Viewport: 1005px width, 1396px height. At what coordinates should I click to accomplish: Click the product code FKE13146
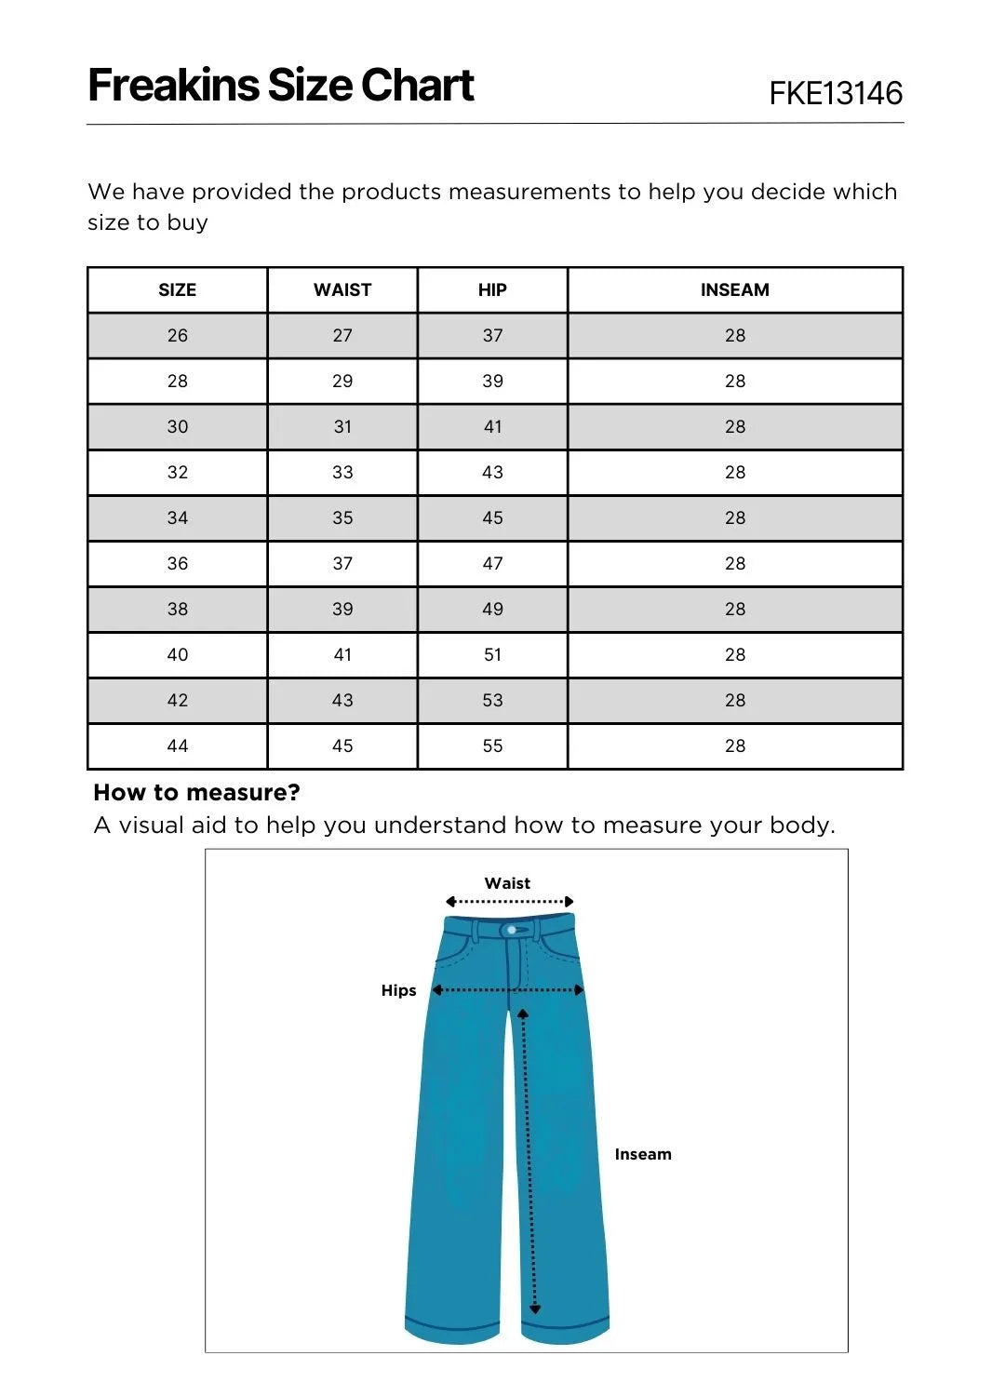click(x=836, y=93)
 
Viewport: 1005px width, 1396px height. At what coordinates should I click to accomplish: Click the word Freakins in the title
click(x=173, y=86)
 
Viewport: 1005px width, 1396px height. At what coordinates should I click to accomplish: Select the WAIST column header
click(x=342, y=289)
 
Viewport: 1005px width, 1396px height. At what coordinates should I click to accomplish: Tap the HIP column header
click(x=492, y=289)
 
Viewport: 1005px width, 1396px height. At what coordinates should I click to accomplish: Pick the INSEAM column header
click(x=735, y=289)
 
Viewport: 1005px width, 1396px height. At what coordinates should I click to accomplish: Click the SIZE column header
click(x=177, y=289)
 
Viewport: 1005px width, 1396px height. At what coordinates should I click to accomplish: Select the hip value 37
click(x=492, y=335)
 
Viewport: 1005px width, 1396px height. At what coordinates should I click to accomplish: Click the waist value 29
click(x=342, y=381)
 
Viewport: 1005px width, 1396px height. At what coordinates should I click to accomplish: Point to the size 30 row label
click(x=177, y=426)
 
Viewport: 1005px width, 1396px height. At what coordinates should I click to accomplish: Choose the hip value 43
click(x=492, y=472)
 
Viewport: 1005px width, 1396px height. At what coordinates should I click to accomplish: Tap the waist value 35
click(x=342, y=517)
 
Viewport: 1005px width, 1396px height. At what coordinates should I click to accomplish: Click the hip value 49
click(x=492, y=609)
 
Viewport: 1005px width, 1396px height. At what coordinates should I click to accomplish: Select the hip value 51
click(x=492, y=654)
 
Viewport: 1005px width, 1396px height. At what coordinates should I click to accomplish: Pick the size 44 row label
click(x=177, y=745)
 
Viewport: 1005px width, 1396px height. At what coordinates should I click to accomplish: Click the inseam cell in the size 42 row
click(x=735, y=700)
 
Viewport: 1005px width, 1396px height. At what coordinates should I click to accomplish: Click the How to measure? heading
click(x=196, y=792)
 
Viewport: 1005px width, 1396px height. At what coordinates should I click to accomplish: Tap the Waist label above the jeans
click(x=507, y=883)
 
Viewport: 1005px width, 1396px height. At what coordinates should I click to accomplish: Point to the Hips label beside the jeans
click(x=398, y=990)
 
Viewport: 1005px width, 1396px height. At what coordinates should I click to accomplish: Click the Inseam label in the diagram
click(x=642, y=1154)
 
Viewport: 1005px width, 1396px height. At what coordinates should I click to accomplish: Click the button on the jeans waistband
click(x=510, y=930)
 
